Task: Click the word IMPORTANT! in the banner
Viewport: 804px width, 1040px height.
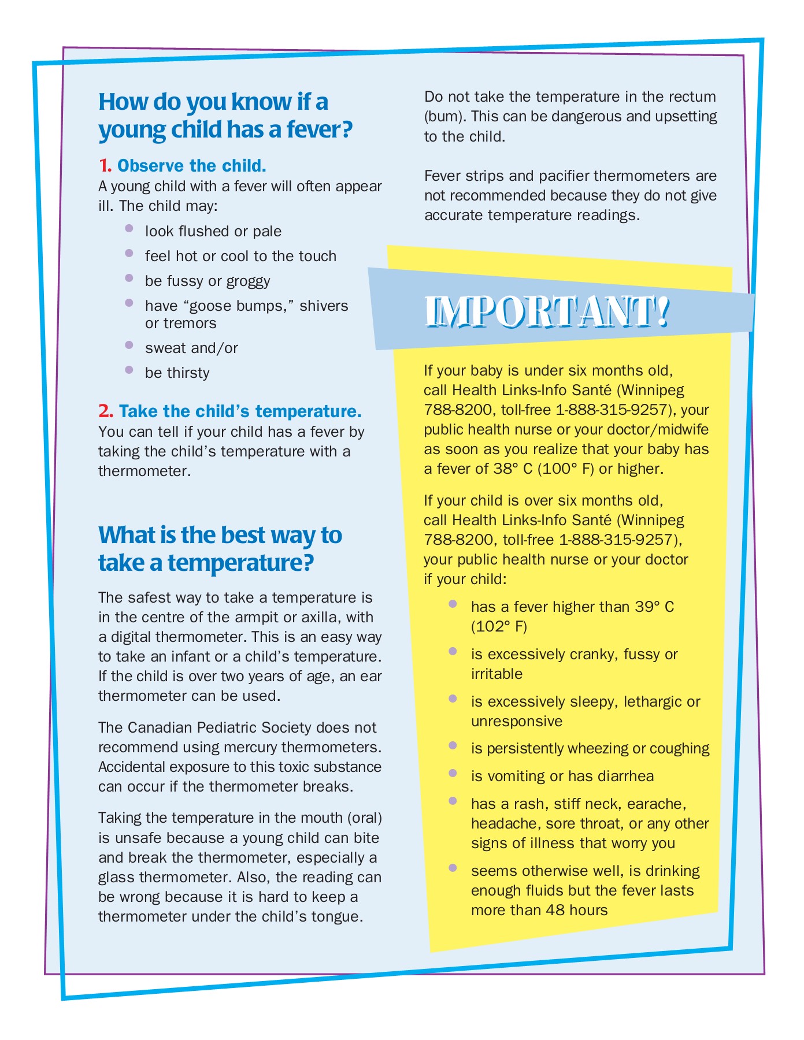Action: tap(547, 312)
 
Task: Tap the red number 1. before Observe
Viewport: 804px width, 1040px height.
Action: tap(105, 166)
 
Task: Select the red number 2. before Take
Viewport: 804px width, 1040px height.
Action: tap(106, 411)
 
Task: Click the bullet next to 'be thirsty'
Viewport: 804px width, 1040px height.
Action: tap(129, 370)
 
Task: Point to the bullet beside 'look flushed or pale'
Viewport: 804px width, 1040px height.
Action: tap(129, 228)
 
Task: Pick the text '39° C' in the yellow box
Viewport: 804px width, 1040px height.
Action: tap(655, 607)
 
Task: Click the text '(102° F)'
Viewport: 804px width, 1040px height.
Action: tap(499, 626)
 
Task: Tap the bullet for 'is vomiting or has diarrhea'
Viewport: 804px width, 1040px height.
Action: tap(453, 773)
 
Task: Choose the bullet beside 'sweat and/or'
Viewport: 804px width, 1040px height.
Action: tap(129, 345)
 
